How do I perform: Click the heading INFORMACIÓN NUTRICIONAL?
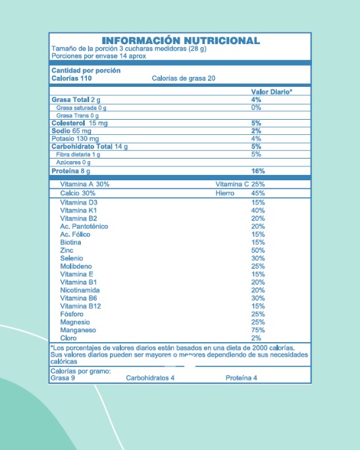180,41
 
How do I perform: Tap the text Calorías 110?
71,78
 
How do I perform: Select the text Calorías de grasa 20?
183,78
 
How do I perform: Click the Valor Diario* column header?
271,91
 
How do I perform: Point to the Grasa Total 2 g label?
74,99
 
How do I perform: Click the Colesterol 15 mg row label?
80,123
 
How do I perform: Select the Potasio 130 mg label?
74,139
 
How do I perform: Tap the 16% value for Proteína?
257,171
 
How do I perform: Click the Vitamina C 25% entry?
240,184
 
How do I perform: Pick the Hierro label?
225,194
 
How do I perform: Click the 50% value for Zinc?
257,251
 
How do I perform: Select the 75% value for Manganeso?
257,330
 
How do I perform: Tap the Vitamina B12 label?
80,306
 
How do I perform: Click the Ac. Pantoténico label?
84,226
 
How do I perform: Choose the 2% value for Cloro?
256,337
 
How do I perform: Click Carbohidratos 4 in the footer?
150,378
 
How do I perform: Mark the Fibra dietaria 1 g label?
78,155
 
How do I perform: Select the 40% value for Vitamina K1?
257,211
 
